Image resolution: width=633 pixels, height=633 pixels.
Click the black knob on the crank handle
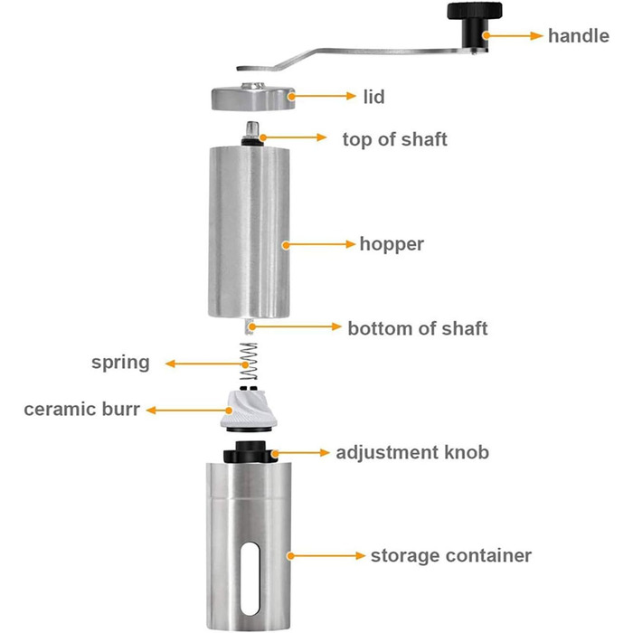pyautogui.click(x=474, y=26)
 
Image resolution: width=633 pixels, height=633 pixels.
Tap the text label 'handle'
pyautogui.click(x=579, y=35)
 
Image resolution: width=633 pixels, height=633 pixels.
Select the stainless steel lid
pyautogui.click(x=253, y=97)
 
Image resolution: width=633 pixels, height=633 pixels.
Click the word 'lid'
pyautogui.click(x=373, y=97)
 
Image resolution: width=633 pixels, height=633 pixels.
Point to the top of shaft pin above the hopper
pyautogui.click(x=252, y=134)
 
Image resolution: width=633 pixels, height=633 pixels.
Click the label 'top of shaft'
pyautogui.click(x=394, y=139)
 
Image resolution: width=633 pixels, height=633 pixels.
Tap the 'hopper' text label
pyautogui.click(x=392, y=244)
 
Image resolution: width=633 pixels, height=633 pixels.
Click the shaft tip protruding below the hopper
pyautogui.click(x=249, y=326)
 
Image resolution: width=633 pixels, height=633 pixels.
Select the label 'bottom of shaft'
pyautogui.click(x=418, y=328)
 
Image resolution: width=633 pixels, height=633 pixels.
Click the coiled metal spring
pyautogui.click(x=249, y=362)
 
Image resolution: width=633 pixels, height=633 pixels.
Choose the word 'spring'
pyautogui.click(x=120, y=363)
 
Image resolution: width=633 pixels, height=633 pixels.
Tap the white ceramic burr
pyautogui.click(x=249, y=411)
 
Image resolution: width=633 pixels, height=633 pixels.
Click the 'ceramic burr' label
pyautogui.click(x=82, y=409)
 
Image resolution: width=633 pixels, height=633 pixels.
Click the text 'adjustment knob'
pyautogui.click(x=412, y=452)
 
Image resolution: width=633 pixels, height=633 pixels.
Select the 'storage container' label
pyautogui.click(x=451, y=555)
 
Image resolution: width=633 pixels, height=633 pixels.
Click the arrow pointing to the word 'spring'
pyautogui.click(x=207, y=364)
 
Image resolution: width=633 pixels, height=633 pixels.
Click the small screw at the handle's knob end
pyautogui.click(x=474, y=52)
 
